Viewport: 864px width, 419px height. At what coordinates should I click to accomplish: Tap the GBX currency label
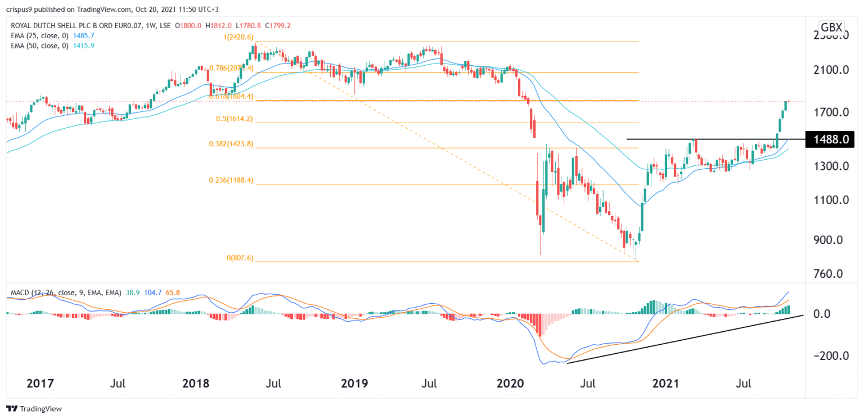[831, 28]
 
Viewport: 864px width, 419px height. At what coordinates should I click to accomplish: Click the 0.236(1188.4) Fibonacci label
[236, 180]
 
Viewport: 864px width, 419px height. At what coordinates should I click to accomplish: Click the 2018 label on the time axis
[195, 384]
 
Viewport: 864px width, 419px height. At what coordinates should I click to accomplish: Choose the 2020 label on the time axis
[509, 384]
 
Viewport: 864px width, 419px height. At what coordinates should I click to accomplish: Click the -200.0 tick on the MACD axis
[825, 356]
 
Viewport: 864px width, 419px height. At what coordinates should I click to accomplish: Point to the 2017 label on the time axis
[40, 384]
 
